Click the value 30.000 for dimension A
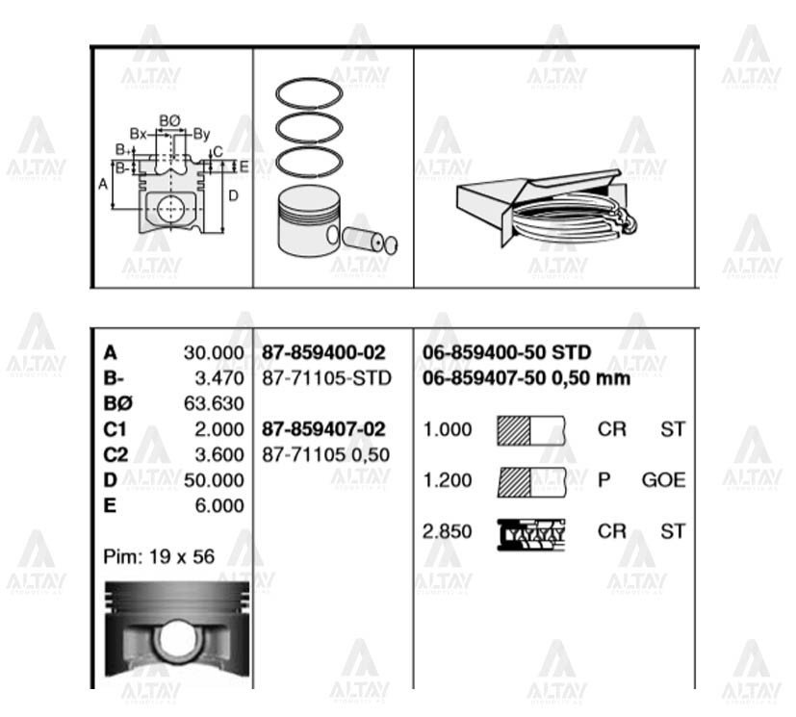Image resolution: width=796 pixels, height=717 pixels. point(214,353)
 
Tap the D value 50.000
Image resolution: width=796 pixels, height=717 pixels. point(214,479)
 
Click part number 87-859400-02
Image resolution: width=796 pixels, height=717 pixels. point(323,353)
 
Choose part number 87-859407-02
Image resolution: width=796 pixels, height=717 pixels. point(323,429)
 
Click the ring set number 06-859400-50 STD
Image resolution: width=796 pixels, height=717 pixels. point(507,353)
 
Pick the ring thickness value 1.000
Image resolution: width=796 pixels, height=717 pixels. point(448,429)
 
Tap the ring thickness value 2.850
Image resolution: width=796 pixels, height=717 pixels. point(448,529)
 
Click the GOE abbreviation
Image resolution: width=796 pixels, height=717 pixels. point(663,479)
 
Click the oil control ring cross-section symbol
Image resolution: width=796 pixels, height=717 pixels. point(531,530)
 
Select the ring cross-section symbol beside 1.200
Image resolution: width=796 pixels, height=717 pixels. point(531,479)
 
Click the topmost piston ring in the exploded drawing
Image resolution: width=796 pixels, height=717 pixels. point(309,93)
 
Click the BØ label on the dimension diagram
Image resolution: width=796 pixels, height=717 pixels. point(169,120)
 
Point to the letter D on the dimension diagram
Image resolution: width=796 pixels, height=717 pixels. point(233,195)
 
